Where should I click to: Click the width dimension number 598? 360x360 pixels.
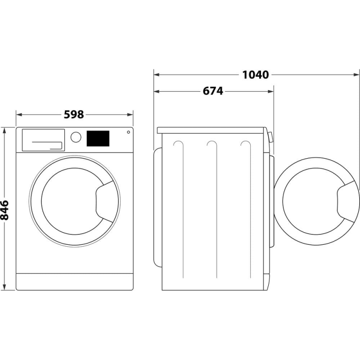pos(74,114)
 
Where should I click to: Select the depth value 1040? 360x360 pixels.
pos(255,75)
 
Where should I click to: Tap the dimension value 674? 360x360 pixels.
pos(212,91)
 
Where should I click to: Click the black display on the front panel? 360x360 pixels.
pos(98,138)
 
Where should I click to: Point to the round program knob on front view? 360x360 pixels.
pos(76,137)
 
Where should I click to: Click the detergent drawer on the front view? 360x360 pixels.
pos(42,139)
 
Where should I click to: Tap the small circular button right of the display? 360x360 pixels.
pos(128,132)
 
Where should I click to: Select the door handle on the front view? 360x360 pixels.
pos(108,201)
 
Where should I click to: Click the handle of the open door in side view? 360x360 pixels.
pos(349,201)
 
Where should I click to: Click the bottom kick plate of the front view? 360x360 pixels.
pos(75,281)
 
